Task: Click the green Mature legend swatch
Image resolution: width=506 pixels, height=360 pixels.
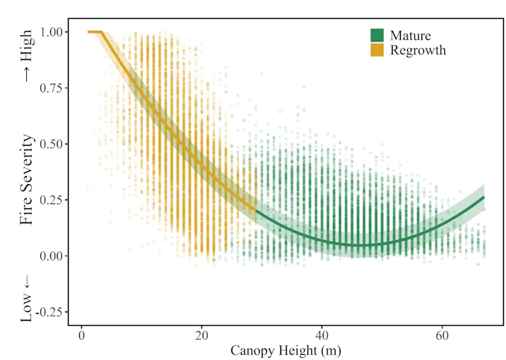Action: (377, 36)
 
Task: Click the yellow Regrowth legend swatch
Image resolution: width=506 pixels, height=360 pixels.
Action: (377, 50)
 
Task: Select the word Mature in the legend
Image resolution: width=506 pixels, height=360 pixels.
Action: (410, 36)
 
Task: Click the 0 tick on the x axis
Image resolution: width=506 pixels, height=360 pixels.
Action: (82, 335)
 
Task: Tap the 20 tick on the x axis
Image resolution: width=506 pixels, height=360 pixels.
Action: (202, 335)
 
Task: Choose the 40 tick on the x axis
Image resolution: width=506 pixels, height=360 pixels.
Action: (322, 335)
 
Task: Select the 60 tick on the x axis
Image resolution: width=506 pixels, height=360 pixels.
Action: (442, 335)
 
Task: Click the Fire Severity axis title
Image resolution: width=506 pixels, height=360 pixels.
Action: (26, 180)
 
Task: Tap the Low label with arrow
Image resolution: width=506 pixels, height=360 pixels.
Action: (26, 297)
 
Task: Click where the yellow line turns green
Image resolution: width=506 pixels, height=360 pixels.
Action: (256, 211)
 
